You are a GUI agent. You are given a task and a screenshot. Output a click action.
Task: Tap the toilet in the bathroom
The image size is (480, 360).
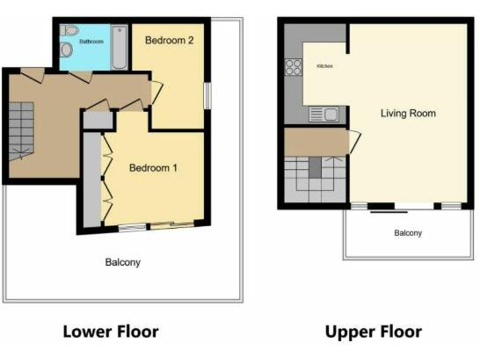(x=68, y=30)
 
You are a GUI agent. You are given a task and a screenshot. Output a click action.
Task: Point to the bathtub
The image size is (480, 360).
(x=119, y=47)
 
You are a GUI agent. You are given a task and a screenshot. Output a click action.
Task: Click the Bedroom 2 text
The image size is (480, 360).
(x=169, y=41)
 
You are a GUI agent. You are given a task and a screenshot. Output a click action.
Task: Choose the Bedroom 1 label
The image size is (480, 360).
(x=153, y=167)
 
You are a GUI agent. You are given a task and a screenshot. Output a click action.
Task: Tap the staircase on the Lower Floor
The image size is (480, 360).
(x=21, y=131)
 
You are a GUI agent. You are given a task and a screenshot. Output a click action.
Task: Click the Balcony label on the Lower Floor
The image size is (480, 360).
(x=122, y=262)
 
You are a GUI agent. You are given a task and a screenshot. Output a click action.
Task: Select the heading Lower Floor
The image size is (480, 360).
(x=111, y=331)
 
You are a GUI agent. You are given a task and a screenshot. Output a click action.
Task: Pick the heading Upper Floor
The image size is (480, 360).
(x=373, y=331)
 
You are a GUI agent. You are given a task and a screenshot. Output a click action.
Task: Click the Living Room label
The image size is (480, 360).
(x=408, y=114)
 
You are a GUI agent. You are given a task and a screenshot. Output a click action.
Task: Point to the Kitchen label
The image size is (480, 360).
(x=324, y=66)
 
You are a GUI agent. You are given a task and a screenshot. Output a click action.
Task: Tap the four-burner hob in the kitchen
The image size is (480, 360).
(x=292, y=67)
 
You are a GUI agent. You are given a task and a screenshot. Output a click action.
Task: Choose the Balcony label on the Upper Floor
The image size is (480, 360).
(x=407, y=233)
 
